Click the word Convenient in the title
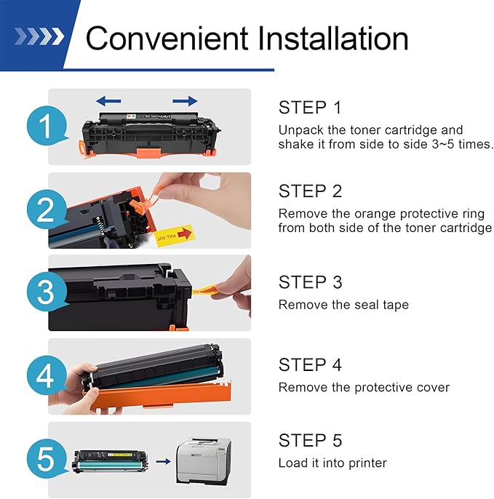(167, 38)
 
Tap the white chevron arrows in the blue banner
(39, 36)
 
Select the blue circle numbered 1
(47, 126)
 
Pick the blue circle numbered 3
(47, 292)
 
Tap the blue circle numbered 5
(47, 458)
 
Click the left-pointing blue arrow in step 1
(108, 101)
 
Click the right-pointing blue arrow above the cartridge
(185, 101)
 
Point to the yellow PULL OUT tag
(174, 236)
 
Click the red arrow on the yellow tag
(184, 233)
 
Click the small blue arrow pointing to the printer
(163, 461)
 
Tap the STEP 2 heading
(310, 191)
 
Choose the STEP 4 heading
(310, 364)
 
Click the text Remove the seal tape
(343, 305)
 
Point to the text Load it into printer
(332, 463)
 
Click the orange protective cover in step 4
(159, 395)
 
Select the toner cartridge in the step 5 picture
(110, 461)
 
